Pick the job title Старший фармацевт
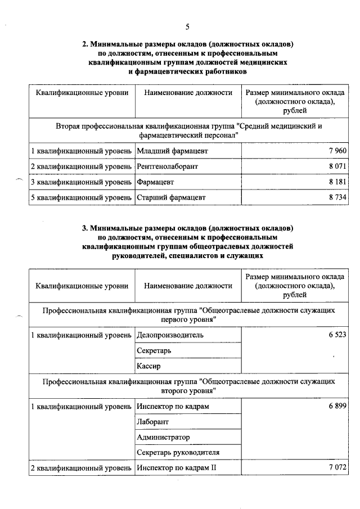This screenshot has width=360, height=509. [x=171, y=198]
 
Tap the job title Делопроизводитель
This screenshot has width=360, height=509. [x=170, y=335]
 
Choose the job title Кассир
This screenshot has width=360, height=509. [x=148, y=366]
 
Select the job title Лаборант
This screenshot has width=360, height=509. [x=152, y=421]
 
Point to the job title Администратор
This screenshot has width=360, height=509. [x=163, y=437]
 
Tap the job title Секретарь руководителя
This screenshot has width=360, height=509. [x=178, y=452]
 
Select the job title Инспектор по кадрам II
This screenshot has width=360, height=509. [x=176, y=468]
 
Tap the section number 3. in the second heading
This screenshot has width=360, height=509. [x=85, y=228]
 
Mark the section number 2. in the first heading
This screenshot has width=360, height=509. [x=85, y=43]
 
